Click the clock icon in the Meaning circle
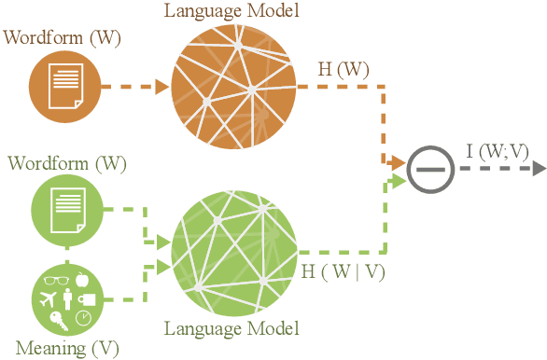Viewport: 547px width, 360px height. tap(82, 318)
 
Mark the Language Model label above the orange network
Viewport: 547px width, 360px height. tap(232, 10)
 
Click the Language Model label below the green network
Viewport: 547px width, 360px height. tap(231, 327)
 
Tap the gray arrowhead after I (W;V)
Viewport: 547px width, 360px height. tap(539, 169)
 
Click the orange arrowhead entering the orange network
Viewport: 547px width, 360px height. tap(161, 88)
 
